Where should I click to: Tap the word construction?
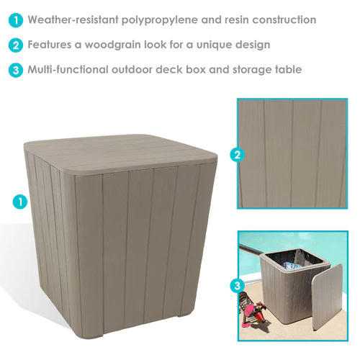click(x=284, y=20)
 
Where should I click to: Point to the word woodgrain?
click(x=113, y=45)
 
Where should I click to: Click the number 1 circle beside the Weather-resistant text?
click(x=16, y=20)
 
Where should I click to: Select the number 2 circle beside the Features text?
click(x=16, y=45)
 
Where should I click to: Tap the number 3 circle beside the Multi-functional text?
click(x=16, y=70)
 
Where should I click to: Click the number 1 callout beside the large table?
click(x=20, y=202)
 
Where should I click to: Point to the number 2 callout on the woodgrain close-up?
click(x=238, y=155)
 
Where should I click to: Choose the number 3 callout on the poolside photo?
click(x=238, y=286)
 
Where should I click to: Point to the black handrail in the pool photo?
click(x=251, y=250)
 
